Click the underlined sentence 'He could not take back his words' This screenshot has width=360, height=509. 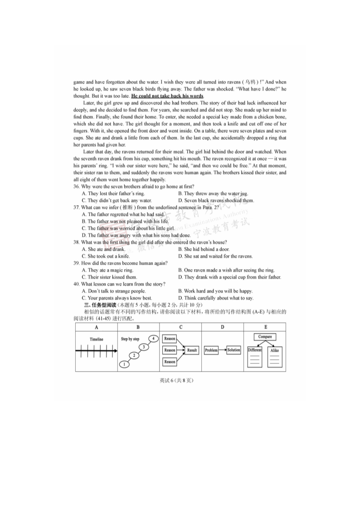167,97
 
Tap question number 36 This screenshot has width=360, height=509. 77,187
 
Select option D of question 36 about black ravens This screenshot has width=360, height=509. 216,200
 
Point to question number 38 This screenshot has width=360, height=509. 77,242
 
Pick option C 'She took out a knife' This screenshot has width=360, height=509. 105,256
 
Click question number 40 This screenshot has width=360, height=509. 77,284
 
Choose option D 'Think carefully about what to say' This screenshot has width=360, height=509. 216,298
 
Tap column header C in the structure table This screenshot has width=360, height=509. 180,327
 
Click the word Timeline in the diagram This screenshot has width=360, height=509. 96,339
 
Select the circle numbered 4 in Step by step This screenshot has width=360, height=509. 154,339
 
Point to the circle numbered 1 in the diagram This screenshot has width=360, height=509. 124,364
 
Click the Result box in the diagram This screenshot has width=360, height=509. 192,350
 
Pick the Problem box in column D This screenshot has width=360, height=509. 211,350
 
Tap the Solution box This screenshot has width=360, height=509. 234,350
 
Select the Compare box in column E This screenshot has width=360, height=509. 265,337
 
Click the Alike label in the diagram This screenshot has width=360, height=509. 274,350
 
